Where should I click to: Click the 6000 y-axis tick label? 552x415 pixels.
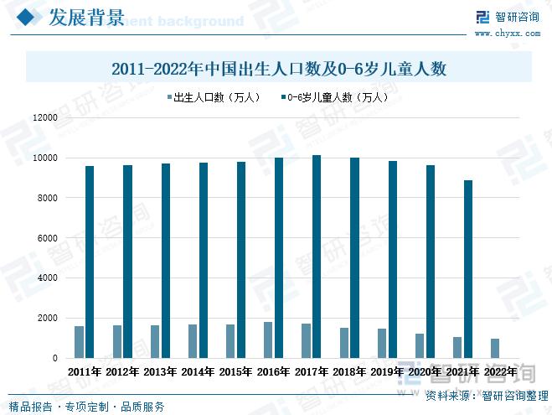[46, 238]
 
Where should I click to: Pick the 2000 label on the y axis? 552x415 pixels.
[46, 319]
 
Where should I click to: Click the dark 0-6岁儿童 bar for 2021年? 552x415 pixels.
[468, 268]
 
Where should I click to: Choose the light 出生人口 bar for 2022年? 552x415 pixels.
[495, 348]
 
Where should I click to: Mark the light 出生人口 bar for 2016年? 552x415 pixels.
[268, 340]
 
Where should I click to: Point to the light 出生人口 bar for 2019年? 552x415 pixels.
[382, 343]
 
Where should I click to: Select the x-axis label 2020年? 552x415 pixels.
[426, 371]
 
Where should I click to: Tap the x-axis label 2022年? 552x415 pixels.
[502, 371]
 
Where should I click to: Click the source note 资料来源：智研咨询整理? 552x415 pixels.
[487, 396]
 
